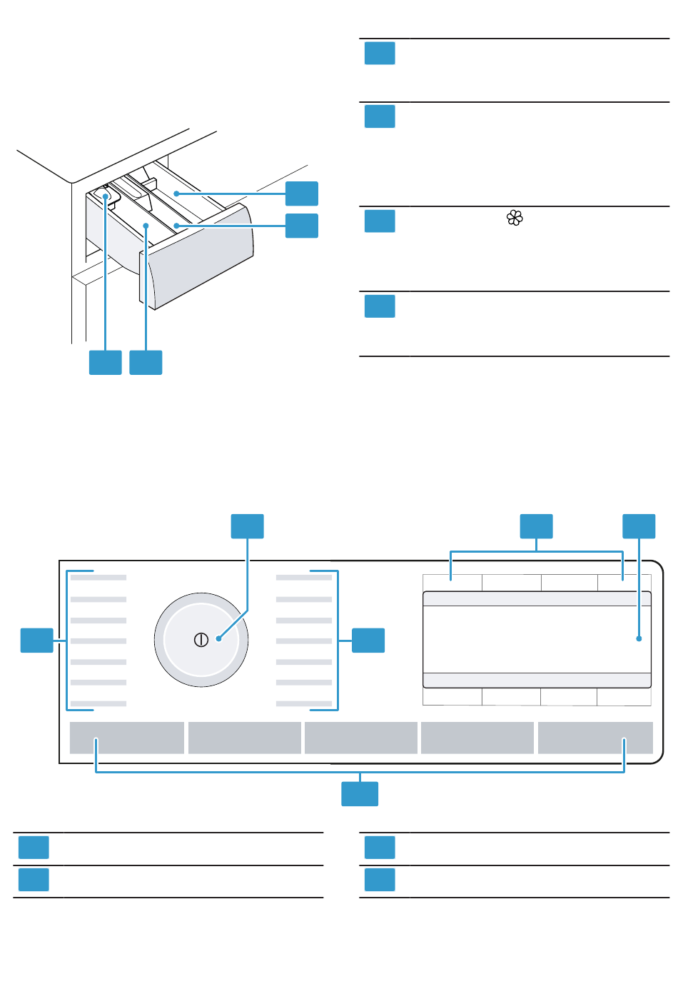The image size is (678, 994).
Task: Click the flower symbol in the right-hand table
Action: click(x=515, y=219)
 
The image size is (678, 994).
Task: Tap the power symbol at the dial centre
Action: click(x=201, y=640)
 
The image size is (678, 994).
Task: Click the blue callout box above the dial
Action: click(x=247, y=526)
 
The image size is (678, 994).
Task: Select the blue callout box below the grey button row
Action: click(x=360, y=794)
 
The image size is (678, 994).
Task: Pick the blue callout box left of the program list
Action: click(x=36, y=640)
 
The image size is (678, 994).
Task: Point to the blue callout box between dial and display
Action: click(x=368, y=640)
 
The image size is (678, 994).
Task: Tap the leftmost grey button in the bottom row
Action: click(x=127, y=738)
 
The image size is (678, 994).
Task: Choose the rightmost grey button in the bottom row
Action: click(x=595, y=738)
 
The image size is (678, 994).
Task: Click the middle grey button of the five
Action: click(x=361, y=738)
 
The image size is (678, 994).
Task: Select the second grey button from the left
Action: click(x=245, y=738)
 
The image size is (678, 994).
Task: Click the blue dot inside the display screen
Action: click(x=639, y=638)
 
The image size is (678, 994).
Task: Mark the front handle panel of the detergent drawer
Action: click(x=200, y=257)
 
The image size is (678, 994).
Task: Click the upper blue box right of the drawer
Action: click(x=302, y=194)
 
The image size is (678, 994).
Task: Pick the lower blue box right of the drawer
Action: click(x=302, y=226)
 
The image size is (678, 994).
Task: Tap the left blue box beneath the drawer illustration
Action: click(x=105, y=363)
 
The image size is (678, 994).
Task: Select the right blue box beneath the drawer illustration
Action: click(x=146, y=363)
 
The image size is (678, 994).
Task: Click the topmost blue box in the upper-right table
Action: click(x=380, y=54)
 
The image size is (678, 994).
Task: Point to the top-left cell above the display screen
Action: click(x=452, y=583)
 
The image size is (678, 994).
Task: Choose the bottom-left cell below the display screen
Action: click(x=452, y=696)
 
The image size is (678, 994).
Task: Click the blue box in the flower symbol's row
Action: click(x=380, y=221)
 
